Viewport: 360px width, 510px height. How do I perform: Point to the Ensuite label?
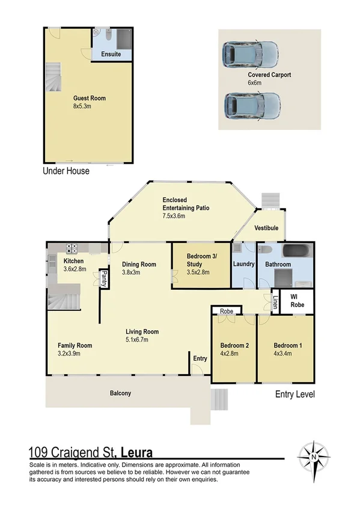111,54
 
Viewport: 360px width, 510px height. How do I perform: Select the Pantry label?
103,279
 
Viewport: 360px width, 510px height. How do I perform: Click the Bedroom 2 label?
234,345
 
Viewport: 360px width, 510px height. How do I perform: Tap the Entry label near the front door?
200,358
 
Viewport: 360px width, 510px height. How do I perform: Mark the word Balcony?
120,393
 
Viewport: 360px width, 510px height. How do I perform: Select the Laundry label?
243,263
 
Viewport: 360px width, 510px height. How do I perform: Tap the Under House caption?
66,171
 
